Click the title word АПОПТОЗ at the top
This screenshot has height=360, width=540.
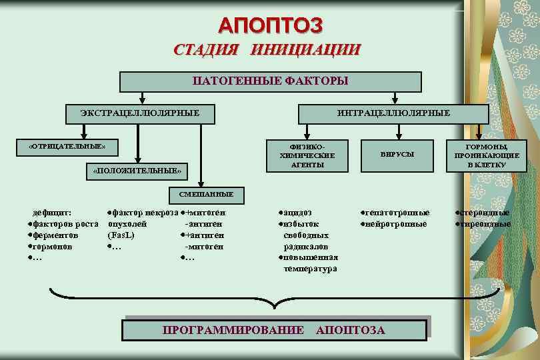coord(270,25)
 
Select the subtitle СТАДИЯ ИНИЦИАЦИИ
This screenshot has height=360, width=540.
coord(267,50)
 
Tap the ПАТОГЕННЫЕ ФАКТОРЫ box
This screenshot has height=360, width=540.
coord(270,81)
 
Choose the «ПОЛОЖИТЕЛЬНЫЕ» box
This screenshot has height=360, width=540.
coord(136,171)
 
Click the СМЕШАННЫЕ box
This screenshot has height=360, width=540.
coord(206,194)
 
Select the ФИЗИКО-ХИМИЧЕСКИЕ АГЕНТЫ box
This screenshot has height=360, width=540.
coord(308,155)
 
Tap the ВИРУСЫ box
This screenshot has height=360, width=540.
coord(397,155)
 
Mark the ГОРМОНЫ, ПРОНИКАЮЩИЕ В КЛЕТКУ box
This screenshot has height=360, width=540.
coord(486,155)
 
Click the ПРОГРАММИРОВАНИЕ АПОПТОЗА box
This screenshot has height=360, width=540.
coord(274,330)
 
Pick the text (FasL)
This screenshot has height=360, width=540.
coord(121,235)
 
